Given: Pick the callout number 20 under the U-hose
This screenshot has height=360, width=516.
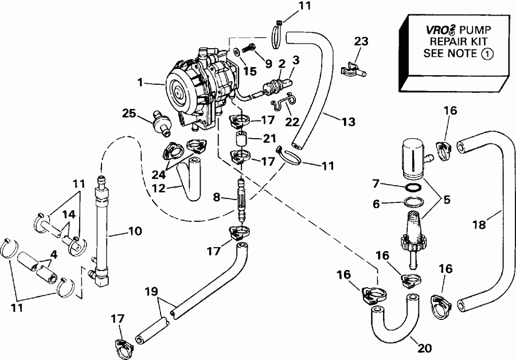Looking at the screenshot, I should coord(425,348).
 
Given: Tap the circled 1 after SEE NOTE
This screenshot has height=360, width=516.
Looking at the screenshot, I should coord(486,54).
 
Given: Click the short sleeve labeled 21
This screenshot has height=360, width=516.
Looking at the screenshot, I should coord(240,139).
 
